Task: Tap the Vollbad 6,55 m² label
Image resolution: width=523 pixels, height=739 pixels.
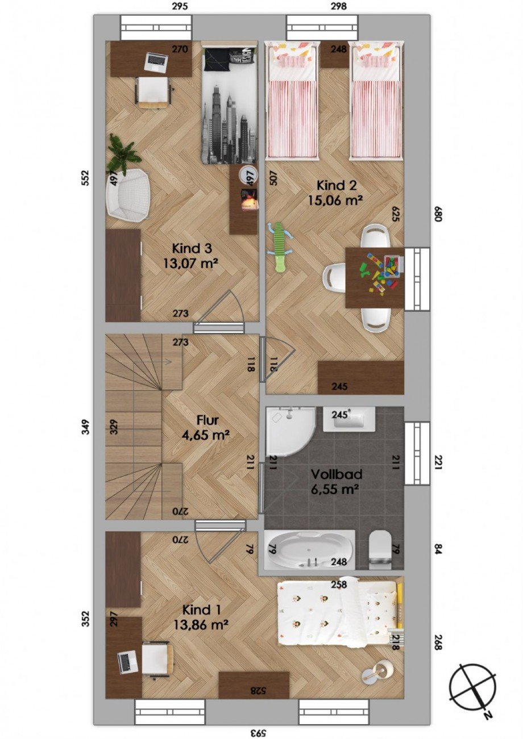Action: click(335, 482)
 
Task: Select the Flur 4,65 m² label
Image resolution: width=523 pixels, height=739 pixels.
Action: click(206, 428)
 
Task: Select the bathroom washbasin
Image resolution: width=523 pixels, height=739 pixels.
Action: click(348, 419)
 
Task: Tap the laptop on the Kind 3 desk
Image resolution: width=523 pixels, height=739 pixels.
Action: click(157, 62)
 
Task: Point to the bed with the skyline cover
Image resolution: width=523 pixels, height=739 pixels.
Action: click(229, 102)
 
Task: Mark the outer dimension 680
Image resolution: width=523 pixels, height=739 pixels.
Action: click(438, 214)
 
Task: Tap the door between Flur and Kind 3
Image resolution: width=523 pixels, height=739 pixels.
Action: click(219, 310)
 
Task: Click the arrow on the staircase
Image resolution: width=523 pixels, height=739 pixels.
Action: click(152, 362)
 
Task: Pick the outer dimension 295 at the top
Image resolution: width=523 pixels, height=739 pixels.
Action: click(180, 6)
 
